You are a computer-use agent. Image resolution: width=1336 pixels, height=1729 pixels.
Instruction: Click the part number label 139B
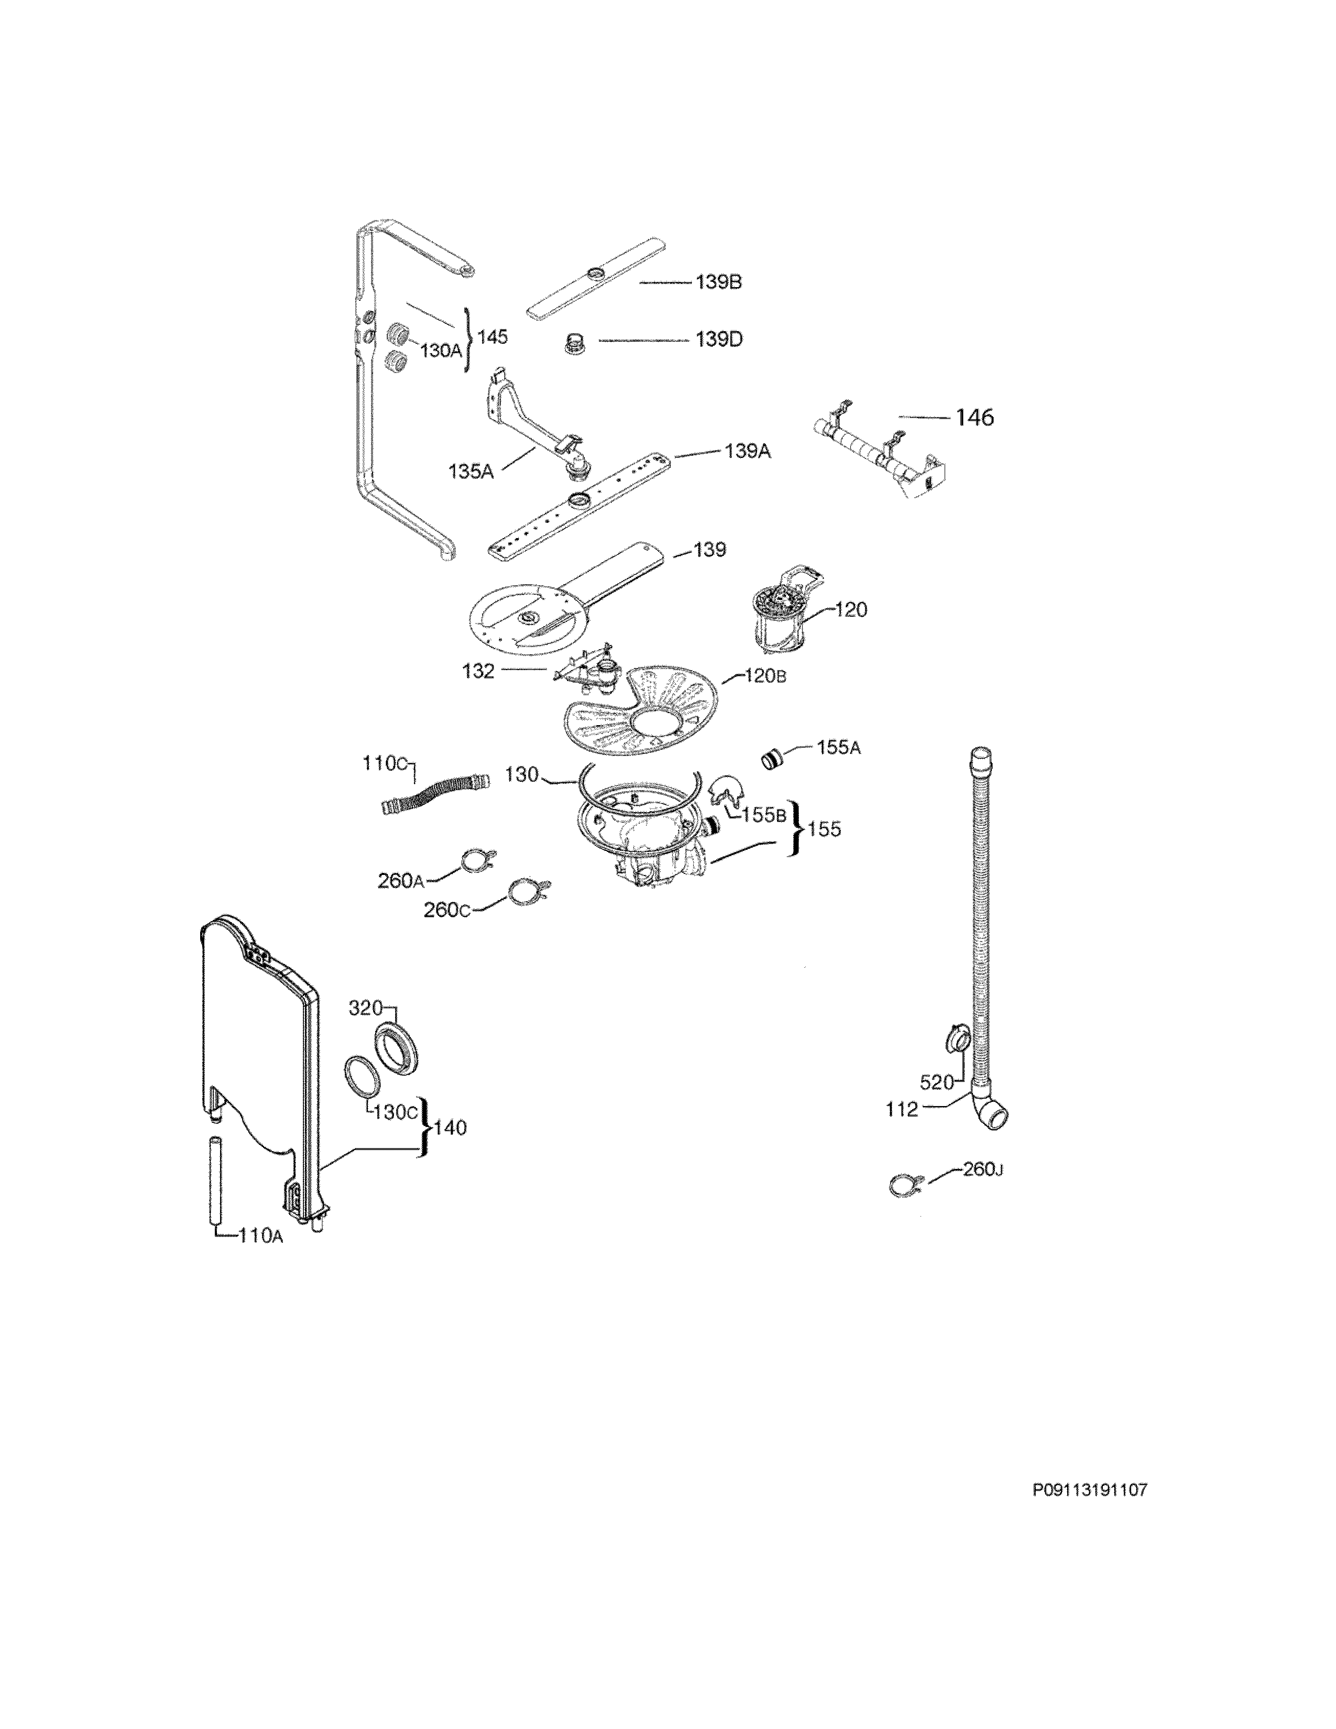pyautogui.click(x=719, y=282)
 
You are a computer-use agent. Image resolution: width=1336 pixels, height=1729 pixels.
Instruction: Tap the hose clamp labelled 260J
pyautogui.click(x=901, y=1185)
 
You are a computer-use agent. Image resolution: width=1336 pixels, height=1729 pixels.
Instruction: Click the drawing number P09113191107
pyautogui.click(x=1089, y=1490)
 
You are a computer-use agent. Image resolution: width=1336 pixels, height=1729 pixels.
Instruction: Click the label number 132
pyautogui.click(x=478, y=671)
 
